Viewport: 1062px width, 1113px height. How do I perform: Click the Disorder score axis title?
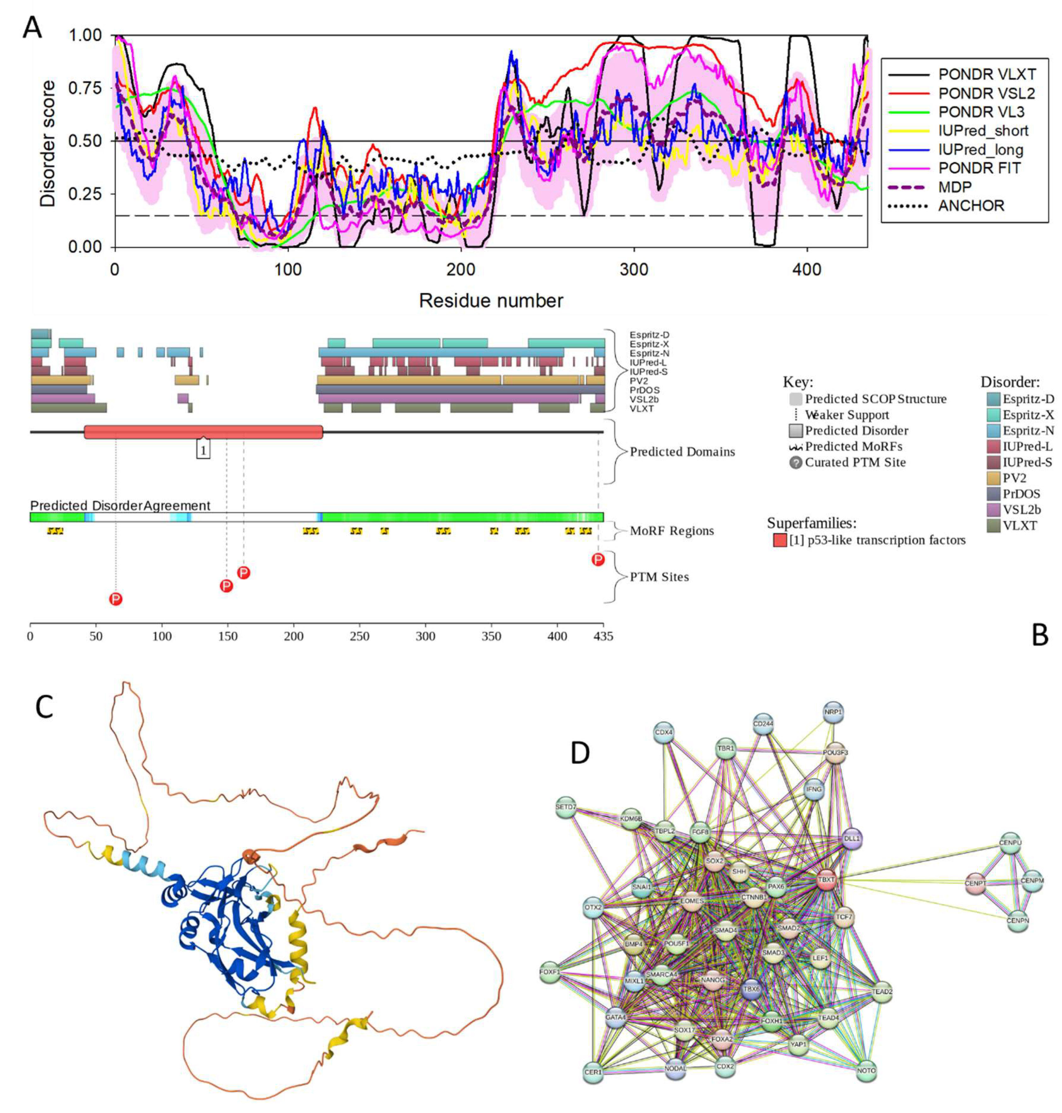[48, 143]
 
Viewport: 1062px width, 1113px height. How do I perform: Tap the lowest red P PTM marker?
[115, 599]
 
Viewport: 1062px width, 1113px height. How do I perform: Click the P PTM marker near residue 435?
[598, 559]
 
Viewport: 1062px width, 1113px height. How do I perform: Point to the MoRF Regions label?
[672, 531]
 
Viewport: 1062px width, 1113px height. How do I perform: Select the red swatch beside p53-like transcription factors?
[780, 540]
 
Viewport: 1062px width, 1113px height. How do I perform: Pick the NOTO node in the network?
[867, 1070]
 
